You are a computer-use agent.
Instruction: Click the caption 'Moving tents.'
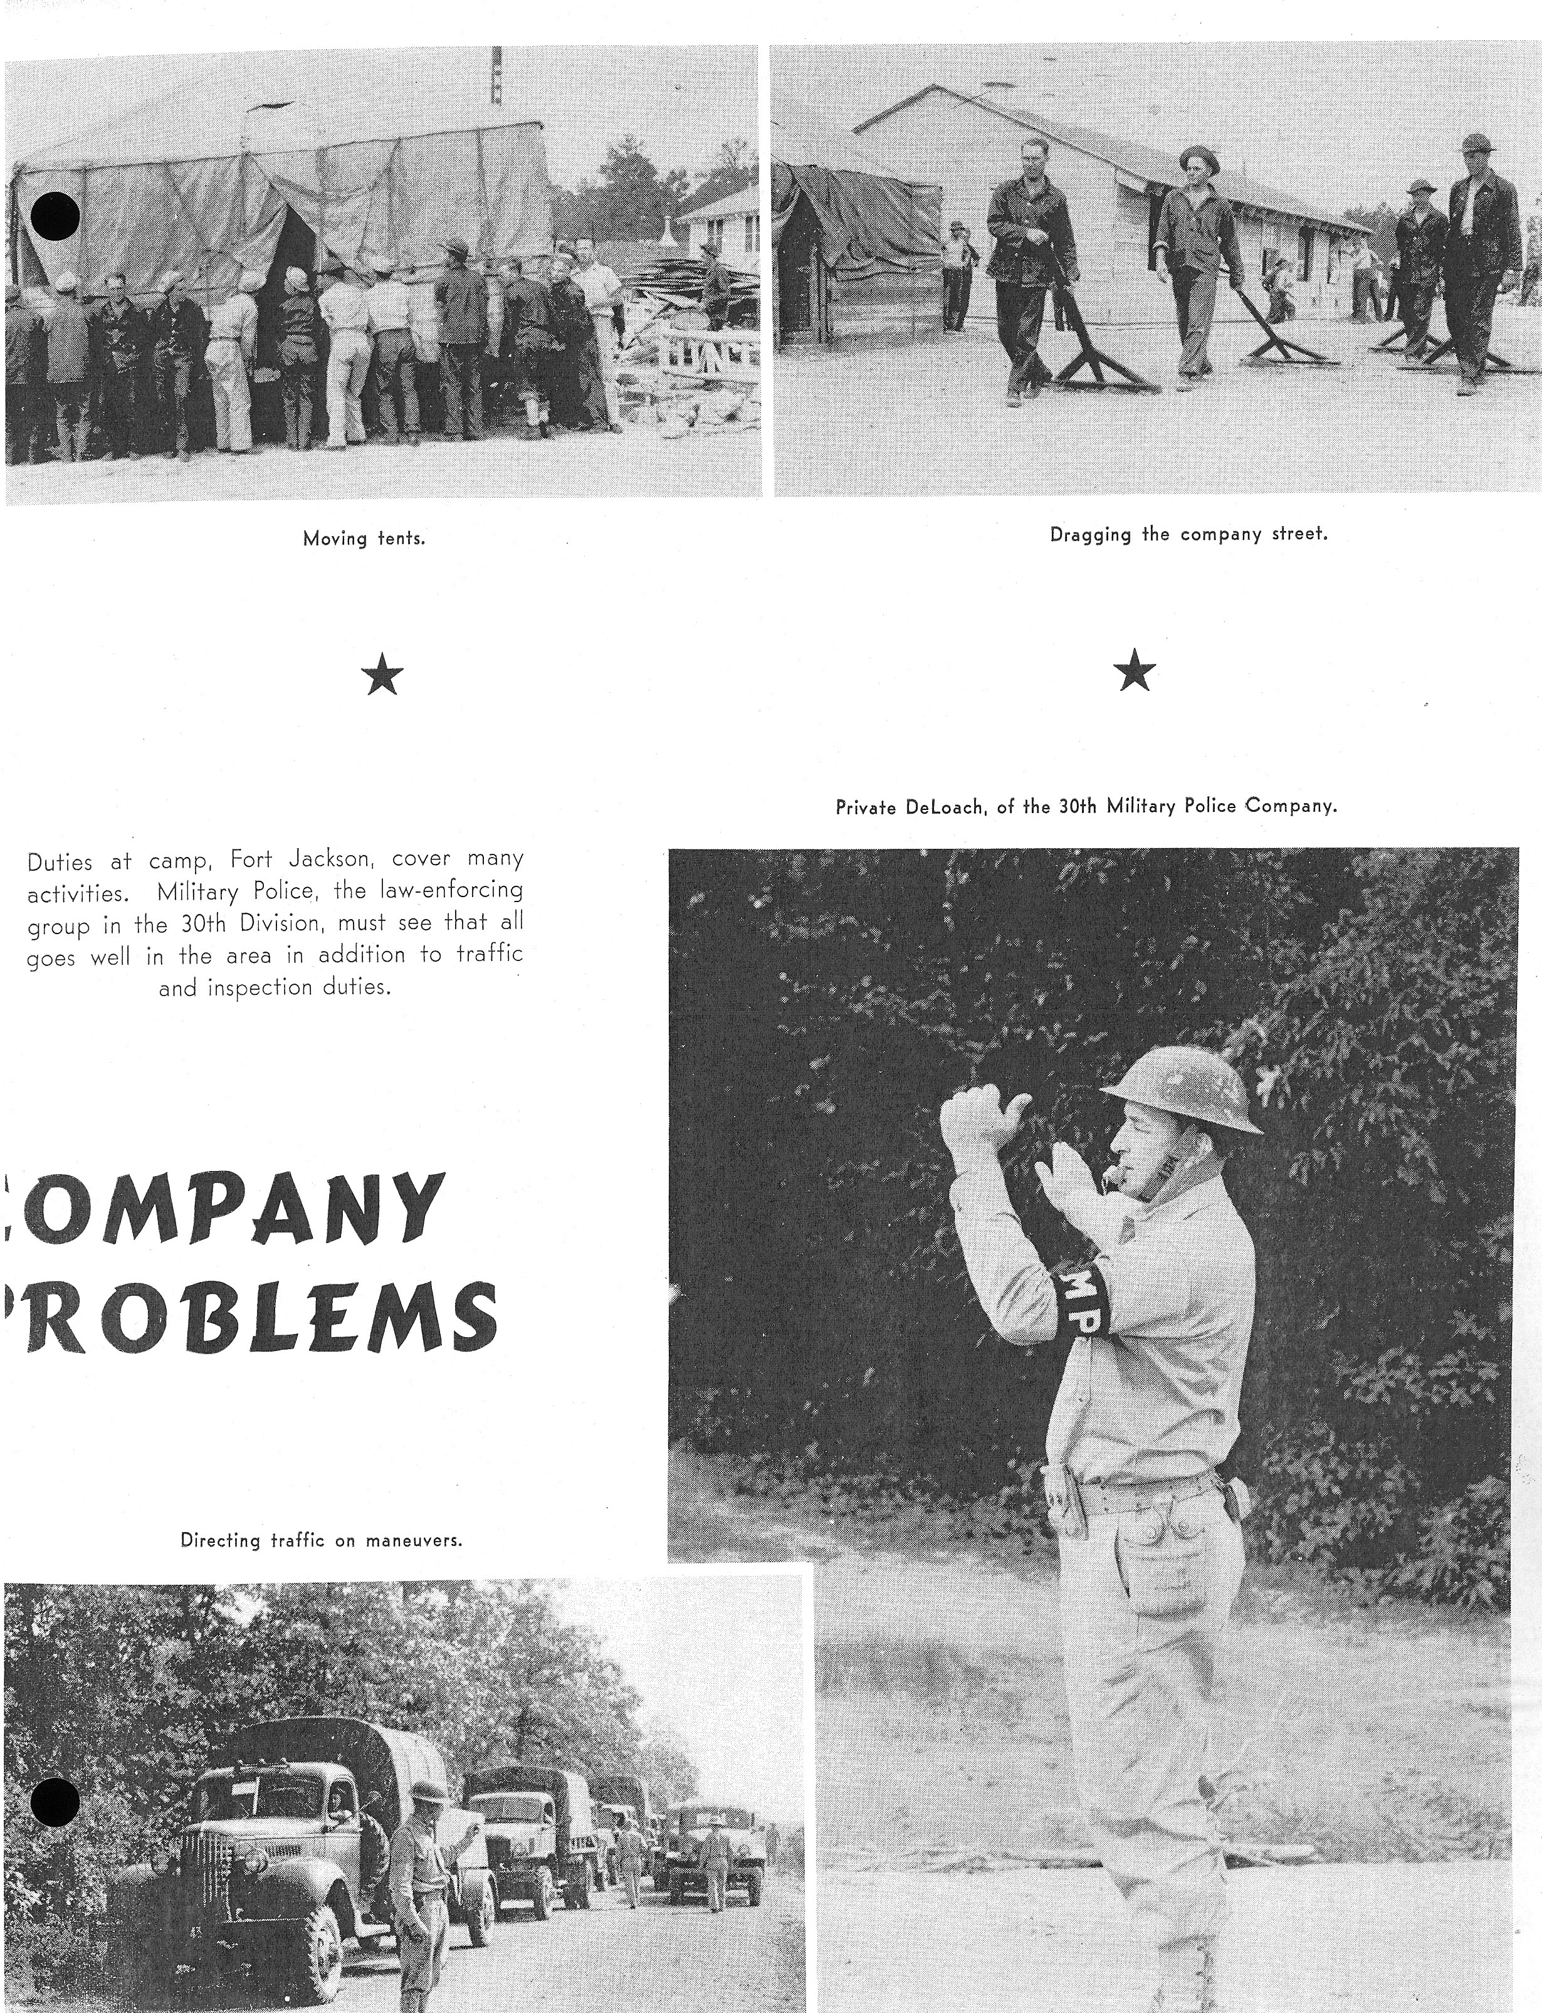364,539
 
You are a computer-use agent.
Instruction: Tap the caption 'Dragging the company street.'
1188,534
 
